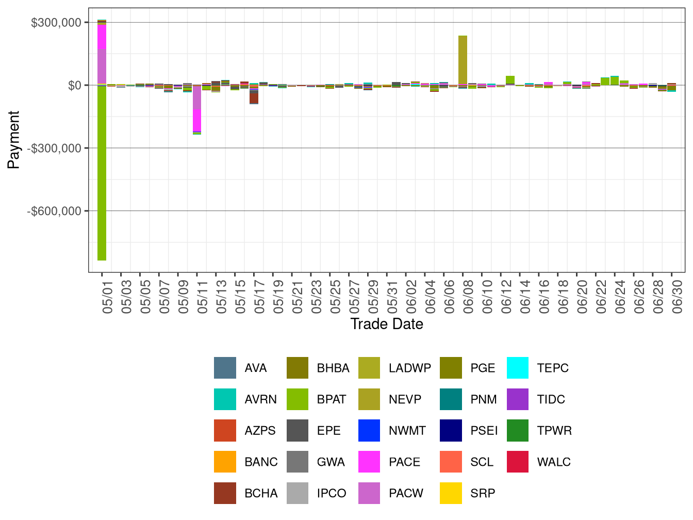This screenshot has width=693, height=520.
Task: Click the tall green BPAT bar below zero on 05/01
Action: (x=102, y=173)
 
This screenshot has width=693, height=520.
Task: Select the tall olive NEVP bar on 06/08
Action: (x=463, y=60)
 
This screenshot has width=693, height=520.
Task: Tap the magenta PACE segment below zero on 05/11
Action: (x=197, y=120)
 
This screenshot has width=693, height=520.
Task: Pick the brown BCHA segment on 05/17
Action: (x=254, y=98)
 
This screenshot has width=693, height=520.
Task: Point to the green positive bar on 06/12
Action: (x=510, y=80)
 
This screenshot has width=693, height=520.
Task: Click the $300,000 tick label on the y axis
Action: (x=56, y=23)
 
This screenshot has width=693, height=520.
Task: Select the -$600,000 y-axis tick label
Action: (x=54, y=211)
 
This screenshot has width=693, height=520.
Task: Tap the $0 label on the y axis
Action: (x=75, y=85)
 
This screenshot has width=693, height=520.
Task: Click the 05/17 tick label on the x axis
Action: (x=259, y=297)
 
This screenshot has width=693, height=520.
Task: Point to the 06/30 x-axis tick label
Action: (x=677, y=297)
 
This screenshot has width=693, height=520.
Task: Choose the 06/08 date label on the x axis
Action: (x=468, y=297)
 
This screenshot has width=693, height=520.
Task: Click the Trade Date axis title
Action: (x=386, y=324)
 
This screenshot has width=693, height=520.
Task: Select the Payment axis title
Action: (x=13, y=140)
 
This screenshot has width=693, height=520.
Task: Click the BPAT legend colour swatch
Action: (x=298, y=399)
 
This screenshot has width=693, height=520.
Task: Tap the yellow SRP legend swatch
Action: (x=451, y=493)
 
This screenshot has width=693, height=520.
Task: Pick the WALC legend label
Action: (x=554, y=462)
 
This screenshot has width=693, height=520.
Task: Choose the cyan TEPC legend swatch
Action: (x=518, y=368)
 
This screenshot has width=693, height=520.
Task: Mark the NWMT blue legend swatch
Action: (x=369, y=430)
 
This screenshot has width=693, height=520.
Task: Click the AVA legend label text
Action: (x=256, y=368)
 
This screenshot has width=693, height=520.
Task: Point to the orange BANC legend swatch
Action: (x=225, y=462)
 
